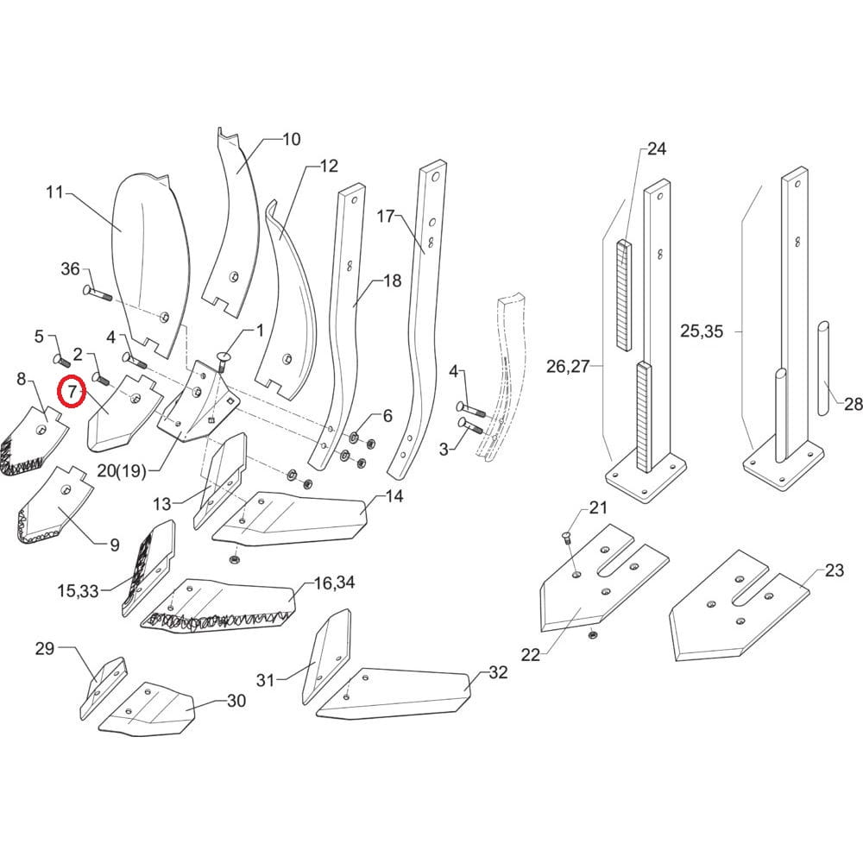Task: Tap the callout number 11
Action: click(54, 192)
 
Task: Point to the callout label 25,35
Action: click(702, 331)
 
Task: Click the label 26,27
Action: click(567, 366)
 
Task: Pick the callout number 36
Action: click(70, 269)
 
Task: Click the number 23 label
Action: click(834, 570)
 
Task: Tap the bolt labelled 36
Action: click(96, 293)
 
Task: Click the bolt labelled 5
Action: click(61, 356)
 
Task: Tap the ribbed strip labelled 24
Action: click(625, 293)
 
